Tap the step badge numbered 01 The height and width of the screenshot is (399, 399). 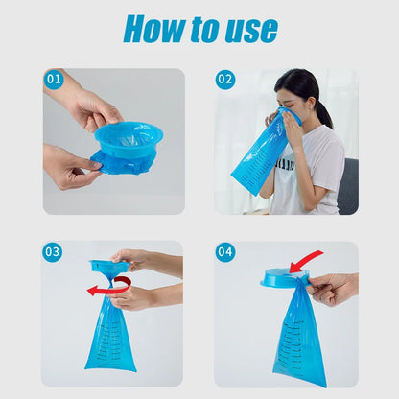[x=53, y=79]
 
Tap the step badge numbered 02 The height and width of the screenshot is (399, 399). [x=224, y=79]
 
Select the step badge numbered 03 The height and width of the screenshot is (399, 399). [x=53, y=252]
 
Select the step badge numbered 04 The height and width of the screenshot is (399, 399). [x=224, y=252]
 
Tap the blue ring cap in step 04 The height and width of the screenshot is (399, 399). [x=282, y=277]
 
